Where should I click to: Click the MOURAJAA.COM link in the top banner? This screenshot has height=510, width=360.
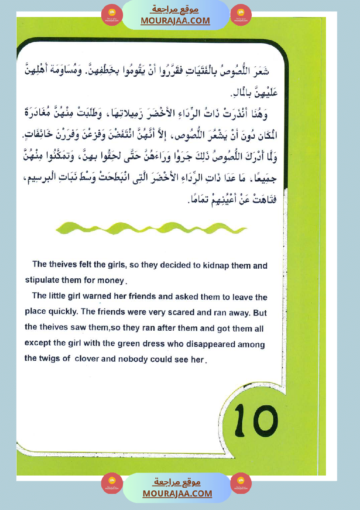click(175, 21)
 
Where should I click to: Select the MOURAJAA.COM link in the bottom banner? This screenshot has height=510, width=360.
click(177, 493)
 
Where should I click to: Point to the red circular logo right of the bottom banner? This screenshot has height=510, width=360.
click(240, 483)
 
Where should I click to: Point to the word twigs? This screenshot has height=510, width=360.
click(47, 359)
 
